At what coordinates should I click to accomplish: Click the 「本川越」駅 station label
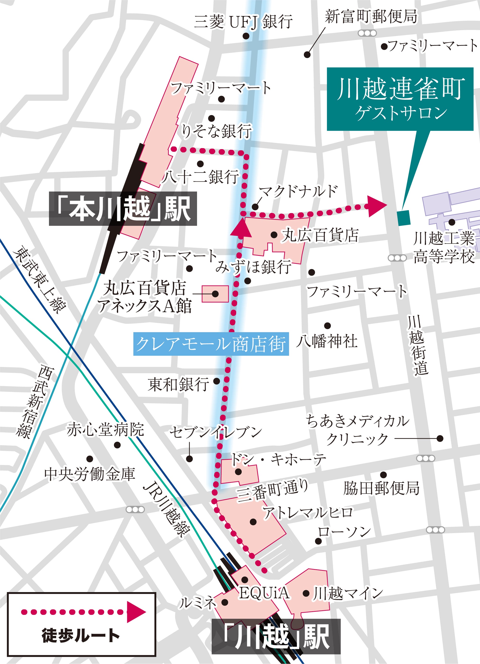[x=123, y=209]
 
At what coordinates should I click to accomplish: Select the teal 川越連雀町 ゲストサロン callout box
[x=400, y=99]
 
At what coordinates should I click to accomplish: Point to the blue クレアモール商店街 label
[x=211, y=344]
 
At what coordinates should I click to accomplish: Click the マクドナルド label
[x=298, y=192]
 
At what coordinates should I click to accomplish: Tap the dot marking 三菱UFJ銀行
[x=246, y=36]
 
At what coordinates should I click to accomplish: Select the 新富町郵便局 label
[x=371, y=17]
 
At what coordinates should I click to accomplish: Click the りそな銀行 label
[x=216, y=131]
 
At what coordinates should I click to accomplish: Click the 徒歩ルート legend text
[x=81, y=636]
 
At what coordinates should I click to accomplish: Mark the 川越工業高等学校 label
[x=444, y=247]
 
